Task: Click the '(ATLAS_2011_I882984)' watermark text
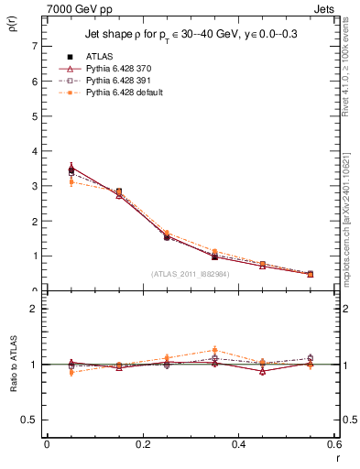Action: pyautogui.click(x=190, y=273)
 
